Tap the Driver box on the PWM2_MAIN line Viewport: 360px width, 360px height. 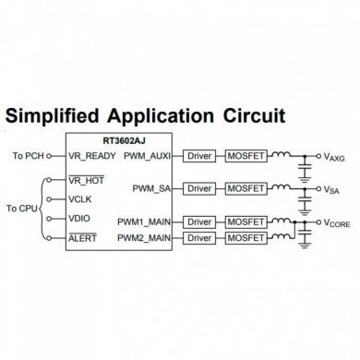tap(199, 237)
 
